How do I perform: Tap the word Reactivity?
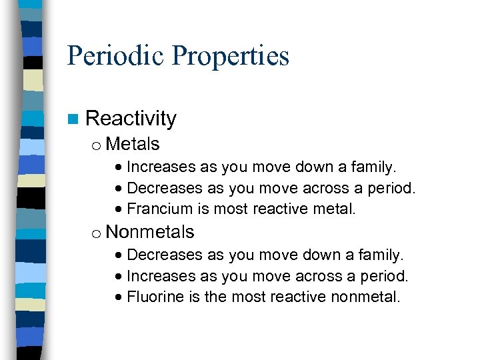coord(131,119)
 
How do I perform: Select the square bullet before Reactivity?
coord(72,119)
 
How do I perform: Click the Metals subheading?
coord(133,144)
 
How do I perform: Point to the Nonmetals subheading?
coord(150,232)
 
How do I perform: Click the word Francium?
coord(160,209)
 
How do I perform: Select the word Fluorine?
coord(155,297)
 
